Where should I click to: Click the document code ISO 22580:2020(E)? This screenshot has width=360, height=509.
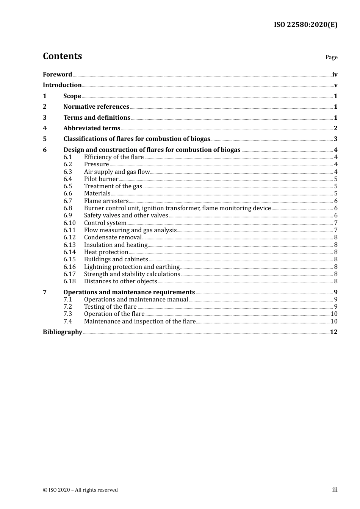click(x=305, y=25)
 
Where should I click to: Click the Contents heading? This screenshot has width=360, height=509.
click(x=62, y=56)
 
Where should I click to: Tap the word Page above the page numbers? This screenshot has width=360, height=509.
click(x=331, y=57)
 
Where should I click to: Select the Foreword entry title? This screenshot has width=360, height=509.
click(x=57, y=74)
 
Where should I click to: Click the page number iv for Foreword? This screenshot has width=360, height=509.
click(x=335, y=75)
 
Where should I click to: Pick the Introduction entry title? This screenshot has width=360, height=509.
click(x=62, y=85)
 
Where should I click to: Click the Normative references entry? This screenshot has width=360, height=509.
click(x=96, y=106)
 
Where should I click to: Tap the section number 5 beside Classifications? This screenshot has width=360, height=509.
click(x=45, y=139)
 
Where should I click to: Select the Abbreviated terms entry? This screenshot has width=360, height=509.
click(x=92, y=128)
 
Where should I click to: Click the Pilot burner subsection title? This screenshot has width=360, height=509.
click(x=101, y=179)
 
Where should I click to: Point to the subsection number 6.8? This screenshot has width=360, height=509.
click(x=68, y=208)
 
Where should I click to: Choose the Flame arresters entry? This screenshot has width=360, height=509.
click(x=106, y=201)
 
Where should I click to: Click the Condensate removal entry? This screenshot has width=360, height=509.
click(x=113, y=237)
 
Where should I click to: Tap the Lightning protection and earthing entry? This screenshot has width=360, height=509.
click(x=132, y=267)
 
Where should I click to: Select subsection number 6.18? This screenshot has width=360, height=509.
click(x=70, y=281)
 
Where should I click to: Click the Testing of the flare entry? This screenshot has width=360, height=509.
click(x=110, y=306)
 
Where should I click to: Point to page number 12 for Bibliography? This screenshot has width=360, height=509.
click(x=333, y=332)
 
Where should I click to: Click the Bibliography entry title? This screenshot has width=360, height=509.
click(x=63, y=332)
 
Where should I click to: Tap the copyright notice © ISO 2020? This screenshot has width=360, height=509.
click(x=80, y=490)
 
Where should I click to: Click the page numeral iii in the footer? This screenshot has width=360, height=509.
click(x=335, y=489)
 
